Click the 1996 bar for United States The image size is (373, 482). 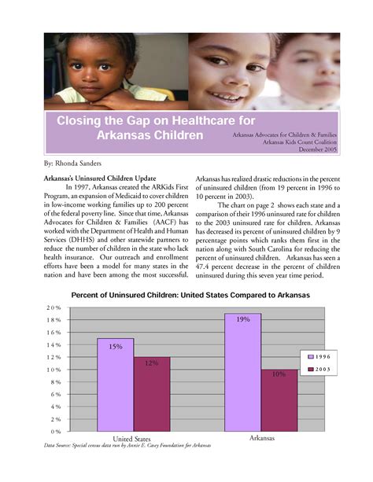[116, 384]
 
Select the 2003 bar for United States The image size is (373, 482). [151, 394]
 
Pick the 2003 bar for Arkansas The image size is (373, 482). [279, 400]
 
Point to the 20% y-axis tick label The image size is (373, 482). [54, 308]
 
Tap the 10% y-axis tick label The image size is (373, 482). [54, 370]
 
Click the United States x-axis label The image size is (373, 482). [131, 439]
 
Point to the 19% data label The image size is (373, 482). [242, 319]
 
